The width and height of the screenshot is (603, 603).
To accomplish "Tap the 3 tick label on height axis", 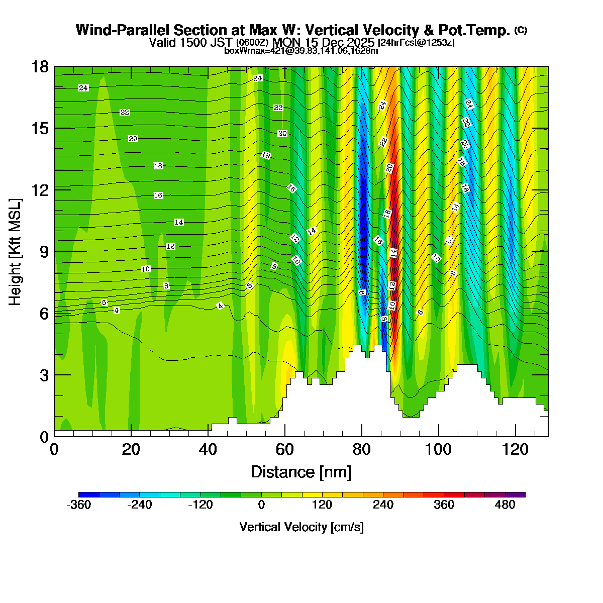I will (44, 375).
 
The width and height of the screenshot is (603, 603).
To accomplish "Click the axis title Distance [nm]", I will (300, 472).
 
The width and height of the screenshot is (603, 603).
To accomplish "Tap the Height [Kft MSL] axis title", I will (15, 252).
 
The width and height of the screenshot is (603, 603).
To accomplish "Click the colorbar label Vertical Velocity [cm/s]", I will (301, 527).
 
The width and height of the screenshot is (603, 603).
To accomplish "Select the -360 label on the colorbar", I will (79, 505).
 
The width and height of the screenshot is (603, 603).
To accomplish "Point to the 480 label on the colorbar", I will (505, 505).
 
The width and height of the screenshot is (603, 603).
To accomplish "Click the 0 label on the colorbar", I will (261, 505).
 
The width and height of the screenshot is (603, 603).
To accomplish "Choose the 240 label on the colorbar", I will (383, 505).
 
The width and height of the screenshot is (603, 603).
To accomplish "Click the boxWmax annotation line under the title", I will (301, 50).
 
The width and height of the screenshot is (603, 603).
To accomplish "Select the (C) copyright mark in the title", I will (521, 30).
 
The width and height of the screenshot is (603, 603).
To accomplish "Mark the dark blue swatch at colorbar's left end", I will (89, 495).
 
